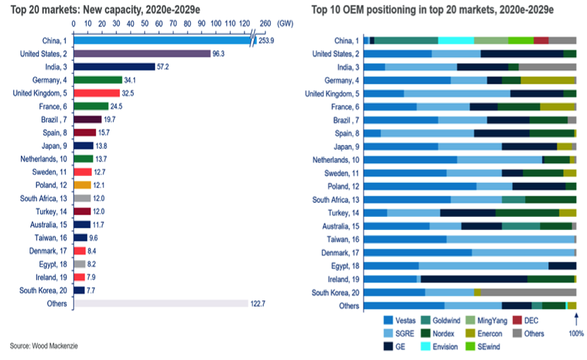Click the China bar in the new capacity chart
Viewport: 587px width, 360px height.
[163, 40]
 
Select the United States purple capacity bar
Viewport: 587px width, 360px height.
[142, 53]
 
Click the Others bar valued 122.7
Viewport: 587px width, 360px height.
[161, 303]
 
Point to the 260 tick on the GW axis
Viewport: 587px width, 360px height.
[265, 23]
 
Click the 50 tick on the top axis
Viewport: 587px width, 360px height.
[145, 23]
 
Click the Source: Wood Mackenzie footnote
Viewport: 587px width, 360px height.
[45, 346]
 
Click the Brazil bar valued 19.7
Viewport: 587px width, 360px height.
[87, 119]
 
